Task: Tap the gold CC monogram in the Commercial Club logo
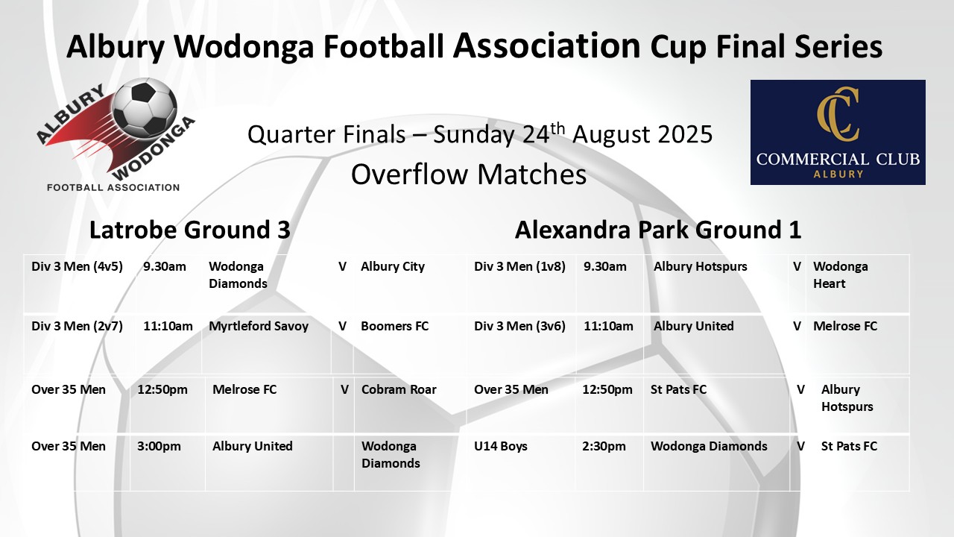tap(838, 114)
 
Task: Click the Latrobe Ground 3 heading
tap(190, 230)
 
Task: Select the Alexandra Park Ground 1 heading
tap(658, 230)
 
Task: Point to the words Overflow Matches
tap(469, 175)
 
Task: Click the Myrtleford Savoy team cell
tap(259, 326)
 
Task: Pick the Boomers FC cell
tap(395, 326)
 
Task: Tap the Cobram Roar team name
tap(399, 389)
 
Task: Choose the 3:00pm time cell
tap(159, 446)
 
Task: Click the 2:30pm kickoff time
tap(604, 446)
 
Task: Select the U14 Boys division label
tap(500, 446)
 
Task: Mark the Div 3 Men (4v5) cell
tap(77, 267)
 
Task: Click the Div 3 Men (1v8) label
tap(520, 267)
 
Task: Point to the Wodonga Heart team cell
tap(840, 275)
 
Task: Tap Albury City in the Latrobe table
tap(393, 267)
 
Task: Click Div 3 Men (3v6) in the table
tap(520, 327)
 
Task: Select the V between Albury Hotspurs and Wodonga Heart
tap(797, 267)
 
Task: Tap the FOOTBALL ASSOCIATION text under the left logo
tap(113, 187)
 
